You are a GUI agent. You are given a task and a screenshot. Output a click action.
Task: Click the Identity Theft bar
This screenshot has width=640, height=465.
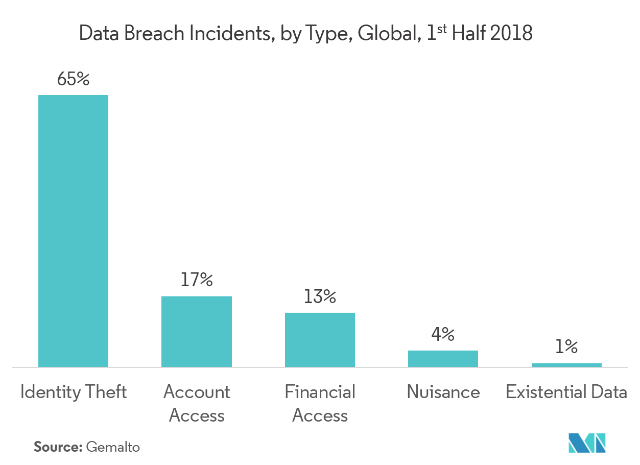coord(74,231)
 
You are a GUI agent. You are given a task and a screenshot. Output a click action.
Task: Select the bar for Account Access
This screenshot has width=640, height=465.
coord(197,332)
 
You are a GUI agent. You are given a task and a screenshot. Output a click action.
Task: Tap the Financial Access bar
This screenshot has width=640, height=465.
coord(320,340)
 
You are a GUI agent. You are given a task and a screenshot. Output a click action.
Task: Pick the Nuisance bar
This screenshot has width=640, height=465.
coord(443,359)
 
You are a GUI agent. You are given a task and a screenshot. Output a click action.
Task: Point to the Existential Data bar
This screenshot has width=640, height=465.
coord(566,365)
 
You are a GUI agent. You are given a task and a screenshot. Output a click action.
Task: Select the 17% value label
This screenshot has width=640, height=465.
coord(197,280)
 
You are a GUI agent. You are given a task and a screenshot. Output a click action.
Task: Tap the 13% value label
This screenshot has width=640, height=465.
coord(320,297)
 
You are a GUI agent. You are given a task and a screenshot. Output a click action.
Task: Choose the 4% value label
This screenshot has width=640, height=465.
coord(443,335)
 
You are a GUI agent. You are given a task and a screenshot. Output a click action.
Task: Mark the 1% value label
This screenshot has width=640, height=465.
coord(566,347)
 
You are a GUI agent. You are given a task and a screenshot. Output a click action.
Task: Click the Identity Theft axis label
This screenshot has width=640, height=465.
coord(74,392)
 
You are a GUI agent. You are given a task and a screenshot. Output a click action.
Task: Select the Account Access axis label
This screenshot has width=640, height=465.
coord(197,404)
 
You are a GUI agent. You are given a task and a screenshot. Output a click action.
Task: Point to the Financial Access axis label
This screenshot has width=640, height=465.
coord(320,404)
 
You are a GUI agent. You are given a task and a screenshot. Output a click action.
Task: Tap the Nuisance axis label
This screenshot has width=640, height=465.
coord(443,392)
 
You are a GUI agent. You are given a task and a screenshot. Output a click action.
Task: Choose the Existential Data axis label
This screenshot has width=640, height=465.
coord(566,392)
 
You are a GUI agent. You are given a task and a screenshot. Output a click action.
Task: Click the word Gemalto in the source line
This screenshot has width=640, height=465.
coord(113,447)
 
